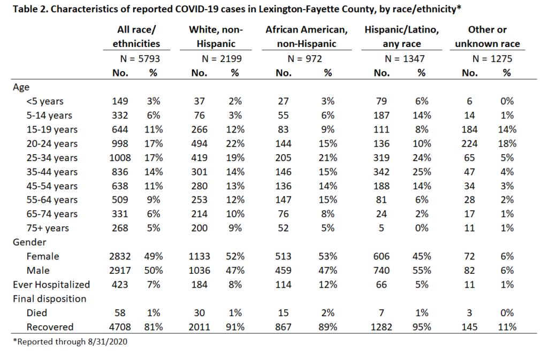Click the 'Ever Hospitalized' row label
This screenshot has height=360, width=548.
(x=51, y=285)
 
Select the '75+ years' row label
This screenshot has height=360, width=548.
(x=48, y=228)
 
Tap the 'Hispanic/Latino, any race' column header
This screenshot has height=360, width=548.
(x=401, y=37)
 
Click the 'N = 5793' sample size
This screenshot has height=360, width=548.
(x=140, y=59)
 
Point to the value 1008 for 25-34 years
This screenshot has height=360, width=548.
(x=120, y=157)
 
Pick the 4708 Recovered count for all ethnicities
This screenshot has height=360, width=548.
(x=120, y=327)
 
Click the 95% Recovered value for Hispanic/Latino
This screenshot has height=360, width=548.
(x=422, y=327)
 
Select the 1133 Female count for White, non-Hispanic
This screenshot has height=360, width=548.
(x=199, y=256)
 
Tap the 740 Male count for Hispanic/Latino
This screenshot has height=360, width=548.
(x=381, y=270)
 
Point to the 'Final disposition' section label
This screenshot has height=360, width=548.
(x=50, y=299)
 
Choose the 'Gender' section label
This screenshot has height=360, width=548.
(x=29, y=242)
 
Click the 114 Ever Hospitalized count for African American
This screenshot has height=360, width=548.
(x=283, y=285)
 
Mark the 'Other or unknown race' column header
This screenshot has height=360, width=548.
(x=487, y=37)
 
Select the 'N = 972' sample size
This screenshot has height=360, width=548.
(x=305, y=59)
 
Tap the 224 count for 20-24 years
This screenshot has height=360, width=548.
(x=469, y=143)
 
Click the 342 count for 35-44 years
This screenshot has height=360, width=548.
(x=381, y=172)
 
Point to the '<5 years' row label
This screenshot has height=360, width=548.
(x=45, y=101)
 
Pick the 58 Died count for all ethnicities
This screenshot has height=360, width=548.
(x=120, y=313)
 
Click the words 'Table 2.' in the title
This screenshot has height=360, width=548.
(x=31, y=9)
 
